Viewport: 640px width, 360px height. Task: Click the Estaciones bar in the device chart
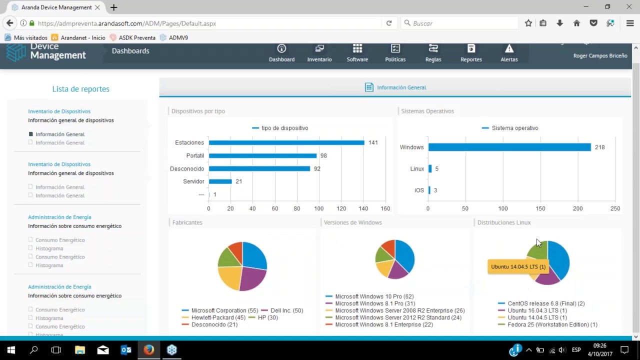pos(286,142)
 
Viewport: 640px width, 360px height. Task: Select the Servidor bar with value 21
pos(220,181)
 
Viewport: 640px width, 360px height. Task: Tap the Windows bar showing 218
pos(509,147)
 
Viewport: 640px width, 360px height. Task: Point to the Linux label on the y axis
pos(417,169)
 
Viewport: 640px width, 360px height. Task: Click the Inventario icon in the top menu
pos(319,48)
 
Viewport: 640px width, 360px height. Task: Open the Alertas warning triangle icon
pos(509,48)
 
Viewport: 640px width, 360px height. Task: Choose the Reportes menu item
pos(471,52)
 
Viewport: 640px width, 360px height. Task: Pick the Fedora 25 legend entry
pos(552,324)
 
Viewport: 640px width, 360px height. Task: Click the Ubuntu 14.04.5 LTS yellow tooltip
pos(518,266)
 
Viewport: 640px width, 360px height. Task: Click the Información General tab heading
pos(401,87)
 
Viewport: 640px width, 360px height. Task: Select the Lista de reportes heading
pos(80,89)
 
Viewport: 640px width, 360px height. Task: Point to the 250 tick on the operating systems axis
pos(615,208)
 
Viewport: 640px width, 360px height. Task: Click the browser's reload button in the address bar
pos(389,23)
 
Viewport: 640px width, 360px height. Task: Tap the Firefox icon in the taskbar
pos(149,349)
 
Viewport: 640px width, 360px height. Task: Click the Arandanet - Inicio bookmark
pos(82,37)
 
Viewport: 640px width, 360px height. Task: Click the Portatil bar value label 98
pos(323,155)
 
